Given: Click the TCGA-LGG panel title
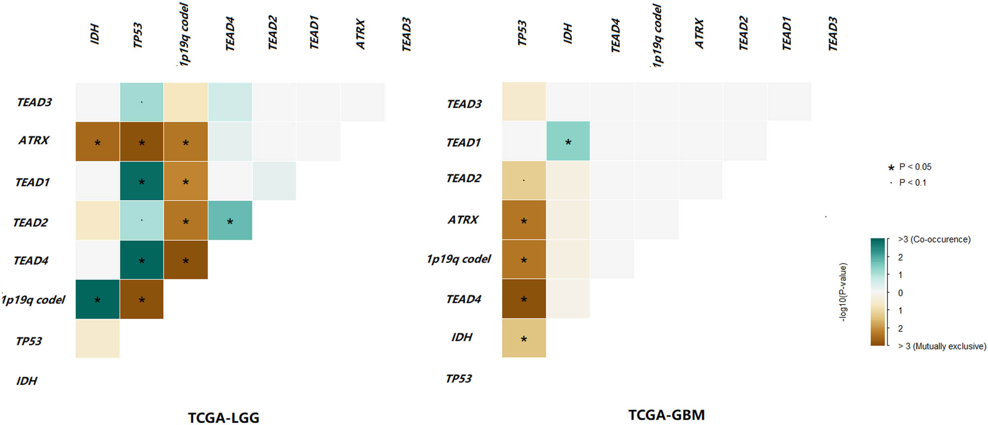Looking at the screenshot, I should tap(223, 417).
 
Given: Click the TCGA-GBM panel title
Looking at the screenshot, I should tap(666, 415).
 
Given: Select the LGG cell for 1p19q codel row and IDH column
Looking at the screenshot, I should tap(98, 299).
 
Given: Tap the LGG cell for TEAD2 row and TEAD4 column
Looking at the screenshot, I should tap(230, 220).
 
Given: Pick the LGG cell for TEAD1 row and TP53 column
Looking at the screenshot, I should tap(141, 181).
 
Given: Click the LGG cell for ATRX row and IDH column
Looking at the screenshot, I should tap(98, 142).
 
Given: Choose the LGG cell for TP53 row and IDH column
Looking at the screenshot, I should tap(98, 338).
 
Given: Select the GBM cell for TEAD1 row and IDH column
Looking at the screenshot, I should tap(568, 141).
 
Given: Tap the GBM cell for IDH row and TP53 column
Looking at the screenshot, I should tap(524, 338).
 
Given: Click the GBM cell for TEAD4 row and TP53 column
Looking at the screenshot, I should tap(524, 298).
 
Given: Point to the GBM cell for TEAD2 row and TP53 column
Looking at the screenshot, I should tap(524, 180).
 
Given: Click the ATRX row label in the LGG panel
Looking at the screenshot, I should tap(34, 141).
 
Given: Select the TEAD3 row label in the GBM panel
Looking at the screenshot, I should tap(464, 104).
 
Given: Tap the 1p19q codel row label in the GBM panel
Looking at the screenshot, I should tap(458, 259).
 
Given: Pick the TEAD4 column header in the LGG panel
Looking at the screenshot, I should tap(230, 34).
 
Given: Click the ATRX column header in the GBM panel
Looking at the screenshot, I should tap(699, 34).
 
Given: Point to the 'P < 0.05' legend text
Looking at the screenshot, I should tap(915, 167).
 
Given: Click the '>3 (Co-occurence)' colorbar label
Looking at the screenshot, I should tap(934, 239).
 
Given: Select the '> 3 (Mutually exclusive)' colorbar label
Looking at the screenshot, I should tap(942, 346).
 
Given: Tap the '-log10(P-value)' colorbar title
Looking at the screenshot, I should tap(843, 292).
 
